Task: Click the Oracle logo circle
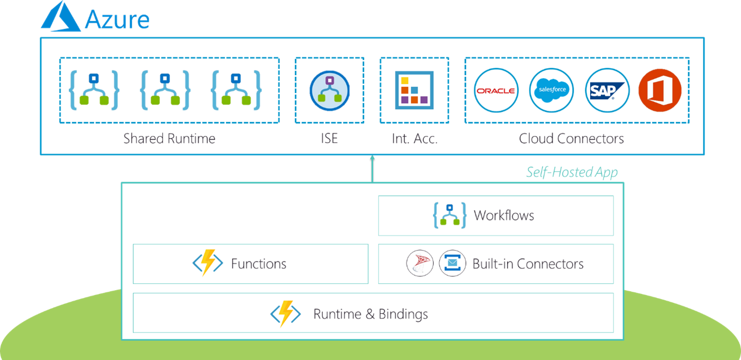coord(495,91)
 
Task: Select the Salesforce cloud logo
coord(552,91)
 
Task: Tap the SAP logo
coord(607,91)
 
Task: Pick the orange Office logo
coord(659,91)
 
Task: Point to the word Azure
coord(117,20)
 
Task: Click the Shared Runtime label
coord(169,139)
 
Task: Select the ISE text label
coord(329,139)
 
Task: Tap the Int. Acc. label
coord(414,139)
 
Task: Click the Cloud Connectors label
coord(571,139)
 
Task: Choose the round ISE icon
coord(329,91)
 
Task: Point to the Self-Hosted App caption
coord(571,173)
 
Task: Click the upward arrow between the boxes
coord(372,168)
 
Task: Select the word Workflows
coord(504,215)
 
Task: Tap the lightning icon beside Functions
coord(207,264)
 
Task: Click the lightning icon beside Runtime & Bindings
coord(285,314)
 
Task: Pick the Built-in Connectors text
coord(528,264)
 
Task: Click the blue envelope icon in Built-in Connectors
coord(452,264)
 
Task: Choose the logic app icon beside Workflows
coord(449,215)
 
